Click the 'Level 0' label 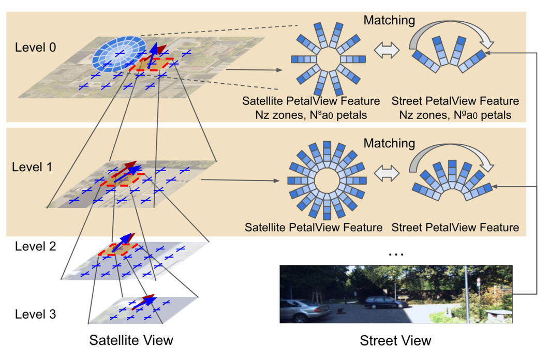tap(36, 48)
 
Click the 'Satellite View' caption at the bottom tap(131, 340)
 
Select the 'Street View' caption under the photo tap(395, 340)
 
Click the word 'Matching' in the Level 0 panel tap(389, 20)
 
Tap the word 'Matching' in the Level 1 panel tap(389, 142)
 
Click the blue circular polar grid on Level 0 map tap(120, 53)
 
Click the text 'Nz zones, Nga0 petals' tap(455, 115)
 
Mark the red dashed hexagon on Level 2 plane tap(118, 249)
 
